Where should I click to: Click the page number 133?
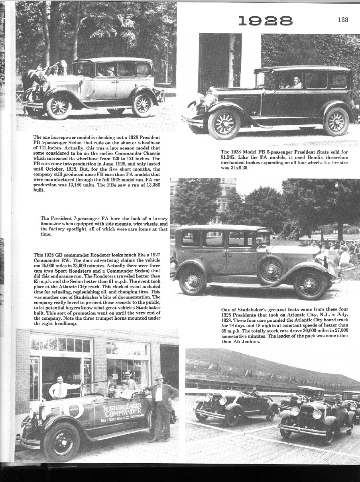point(343,20)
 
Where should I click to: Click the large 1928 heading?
point(265,20)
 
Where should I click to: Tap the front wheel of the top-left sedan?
point(59,106)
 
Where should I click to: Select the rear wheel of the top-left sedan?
point(143,105)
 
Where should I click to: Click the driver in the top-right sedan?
point(296,81)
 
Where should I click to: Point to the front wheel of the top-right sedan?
point(223,124)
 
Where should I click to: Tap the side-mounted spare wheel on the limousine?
point(271,270)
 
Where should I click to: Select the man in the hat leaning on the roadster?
point(161,407)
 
